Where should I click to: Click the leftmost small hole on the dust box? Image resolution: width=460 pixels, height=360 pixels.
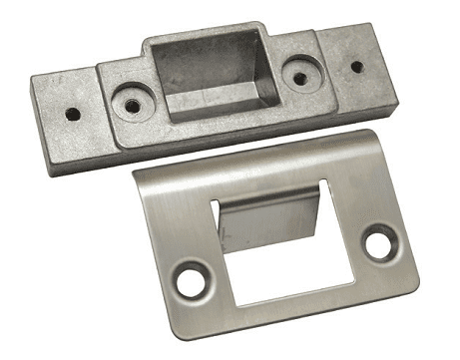[72, 114]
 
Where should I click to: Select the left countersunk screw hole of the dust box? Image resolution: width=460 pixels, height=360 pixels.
[129, 102]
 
